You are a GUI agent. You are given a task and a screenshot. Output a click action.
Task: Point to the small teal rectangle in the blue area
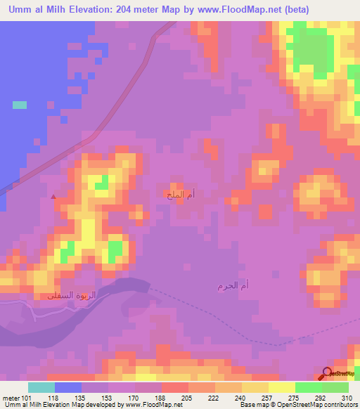coord(20,105)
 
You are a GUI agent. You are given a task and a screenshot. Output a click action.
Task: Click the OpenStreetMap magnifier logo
coord(328,374)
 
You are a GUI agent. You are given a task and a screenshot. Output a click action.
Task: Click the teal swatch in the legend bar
coord(41,387)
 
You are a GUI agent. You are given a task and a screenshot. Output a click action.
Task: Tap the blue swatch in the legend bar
coord(67,387)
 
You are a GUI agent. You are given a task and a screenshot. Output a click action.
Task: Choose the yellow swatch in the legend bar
coord(281,387)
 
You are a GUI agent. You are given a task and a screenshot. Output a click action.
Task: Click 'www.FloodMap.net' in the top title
coord(226,9)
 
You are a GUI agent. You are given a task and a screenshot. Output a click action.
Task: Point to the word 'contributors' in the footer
coord(340,405)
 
